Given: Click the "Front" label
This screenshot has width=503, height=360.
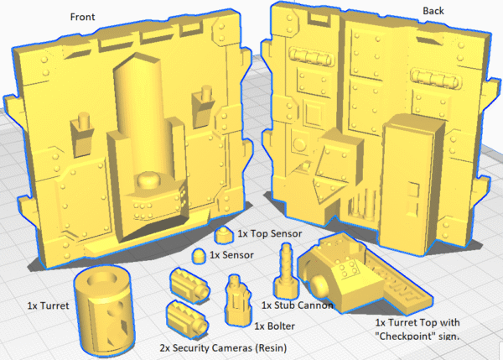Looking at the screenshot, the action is click(82, 17).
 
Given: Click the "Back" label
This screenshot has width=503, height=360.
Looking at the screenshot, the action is click(433, 11).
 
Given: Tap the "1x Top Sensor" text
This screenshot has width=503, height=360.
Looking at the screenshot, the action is click(270, 233).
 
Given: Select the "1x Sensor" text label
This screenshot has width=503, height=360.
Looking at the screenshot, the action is click(231, 255).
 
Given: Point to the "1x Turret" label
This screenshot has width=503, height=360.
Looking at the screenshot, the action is click(48, 305).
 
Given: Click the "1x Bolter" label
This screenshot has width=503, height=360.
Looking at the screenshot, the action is click(275, 326).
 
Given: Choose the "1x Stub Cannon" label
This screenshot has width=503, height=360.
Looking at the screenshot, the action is click(298, 305).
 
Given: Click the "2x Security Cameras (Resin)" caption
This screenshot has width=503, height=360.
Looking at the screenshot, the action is click(223, 347).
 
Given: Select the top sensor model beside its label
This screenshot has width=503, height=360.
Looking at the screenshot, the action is click(224, 235).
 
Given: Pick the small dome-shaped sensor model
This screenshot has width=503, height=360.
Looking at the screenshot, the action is click(200, 256).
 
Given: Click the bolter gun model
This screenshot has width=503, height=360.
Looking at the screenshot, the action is click(238, 300).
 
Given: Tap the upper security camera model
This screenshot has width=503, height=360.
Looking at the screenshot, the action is click(190, 285).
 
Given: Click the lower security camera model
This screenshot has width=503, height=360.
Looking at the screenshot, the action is click(187, 319).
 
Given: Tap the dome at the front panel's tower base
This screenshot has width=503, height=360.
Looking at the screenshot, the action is click(149, 180).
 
